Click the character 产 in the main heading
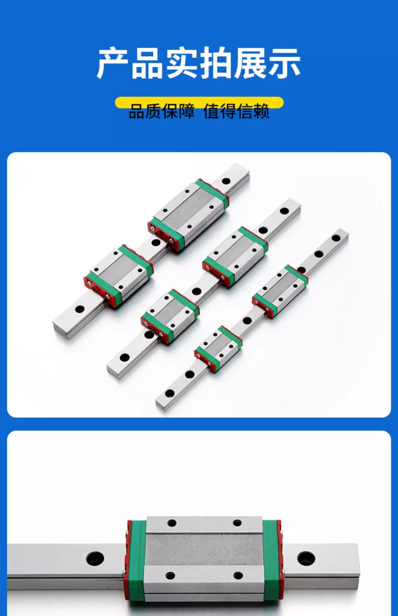tap(113, 63)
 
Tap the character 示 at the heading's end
tap(284, 63)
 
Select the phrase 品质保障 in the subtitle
tap(161, 111)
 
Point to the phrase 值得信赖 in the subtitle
tap(237, 111)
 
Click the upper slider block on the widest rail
tap(189, 214)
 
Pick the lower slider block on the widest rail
tap(119, 275)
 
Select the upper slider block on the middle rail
tap(235, 256)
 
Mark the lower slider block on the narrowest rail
tap(218, 348)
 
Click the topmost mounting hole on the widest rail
tap(226, 181)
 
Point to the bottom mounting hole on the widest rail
tap(79, 310)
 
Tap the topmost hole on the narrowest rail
tap(336, 238)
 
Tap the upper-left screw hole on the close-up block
tap(171, 523)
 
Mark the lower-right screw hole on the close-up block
tap(238, 575)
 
